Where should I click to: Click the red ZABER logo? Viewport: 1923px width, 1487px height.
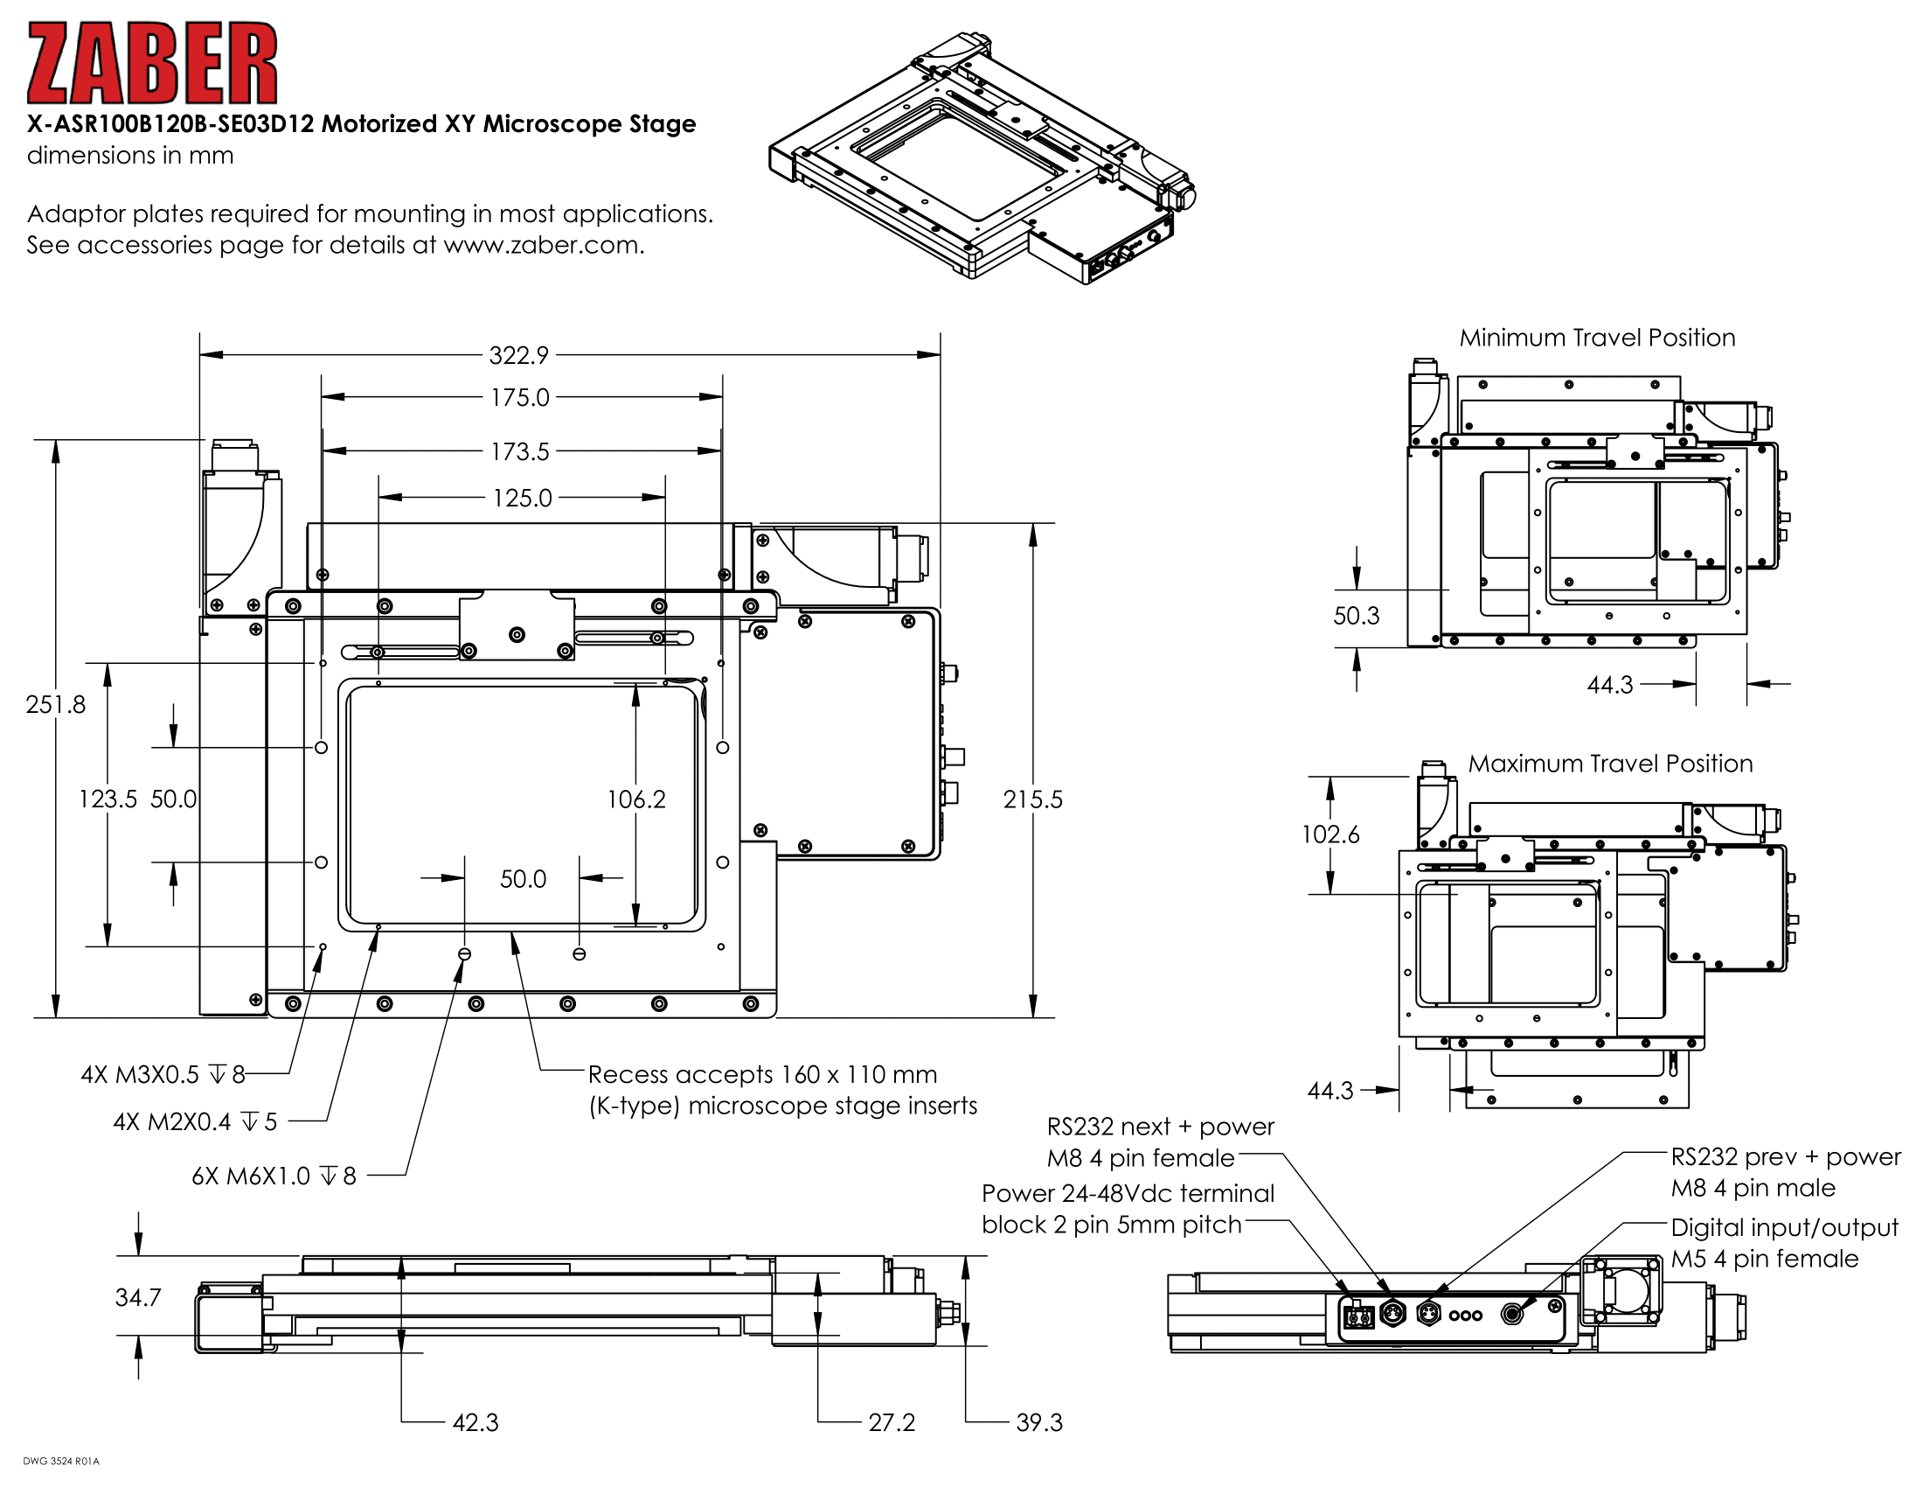coord(151,64)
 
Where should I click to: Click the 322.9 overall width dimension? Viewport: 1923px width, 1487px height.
coord(518,355)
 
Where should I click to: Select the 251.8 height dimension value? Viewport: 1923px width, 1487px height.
coord(55,704)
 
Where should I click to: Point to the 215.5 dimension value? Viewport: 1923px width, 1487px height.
coord(1033,799)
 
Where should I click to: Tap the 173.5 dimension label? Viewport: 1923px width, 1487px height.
coord(519,451)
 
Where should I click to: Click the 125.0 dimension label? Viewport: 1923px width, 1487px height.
coord(522,498)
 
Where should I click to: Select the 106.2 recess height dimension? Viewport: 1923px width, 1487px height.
coord(636,799)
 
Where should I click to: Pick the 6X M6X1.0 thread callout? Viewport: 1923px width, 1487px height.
coord(274,1176)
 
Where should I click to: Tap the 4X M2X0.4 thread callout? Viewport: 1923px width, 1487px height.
coord(195,1121)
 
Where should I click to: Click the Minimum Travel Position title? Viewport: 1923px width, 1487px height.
coord(1596,338)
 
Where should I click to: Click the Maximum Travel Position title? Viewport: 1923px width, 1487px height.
coord(1609,763)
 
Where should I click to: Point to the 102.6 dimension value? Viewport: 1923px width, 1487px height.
coord(1329,834)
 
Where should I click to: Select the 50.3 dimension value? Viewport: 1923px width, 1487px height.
coord(1356,615)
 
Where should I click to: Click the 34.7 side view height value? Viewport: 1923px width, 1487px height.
coord(138,1296)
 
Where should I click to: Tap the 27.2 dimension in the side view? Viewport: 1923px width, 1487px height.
coord(891,1421)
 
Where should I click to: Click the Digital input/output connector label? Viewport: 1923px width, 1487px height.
coord(1784,1227)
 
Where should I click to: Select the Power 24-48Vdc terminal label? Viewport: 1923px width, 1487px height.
coord(1127,1193)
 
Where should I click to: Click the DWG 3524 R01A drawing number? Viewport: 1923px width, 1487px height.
coord(61,1461)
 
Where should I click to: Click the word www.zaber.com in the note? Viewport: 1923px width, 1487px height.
coord(543,245)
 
